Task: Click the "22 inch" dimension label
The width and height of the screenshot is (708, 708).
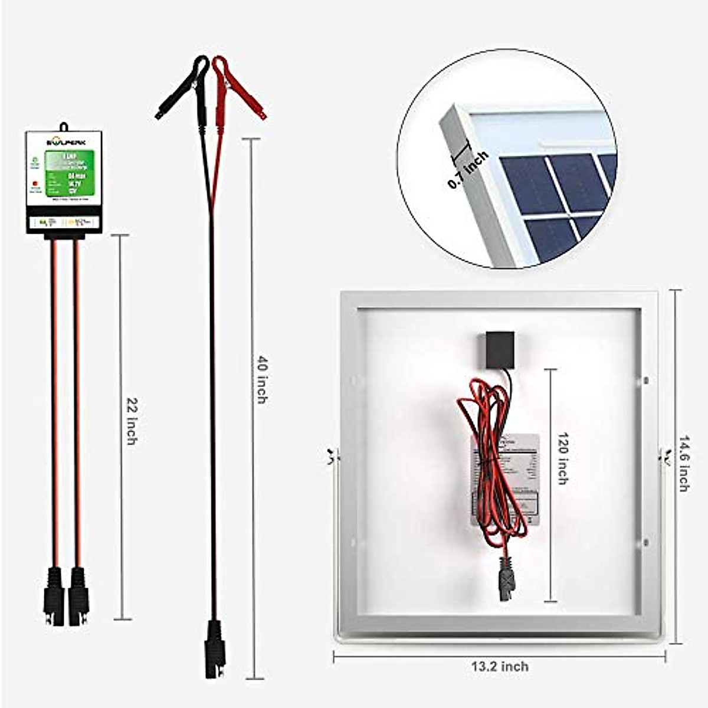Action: click(132, 422)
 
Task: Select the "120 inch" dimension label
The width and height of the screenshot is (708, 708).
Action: click(562, 458)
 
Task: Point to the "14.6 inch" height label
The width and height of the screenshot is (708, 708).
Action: click(684, 464)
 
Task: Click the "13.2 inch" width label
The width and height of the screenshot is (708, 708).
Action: click(500, 667)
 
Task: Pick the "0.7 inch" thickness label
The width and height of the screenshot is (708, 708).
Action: click(468, 170)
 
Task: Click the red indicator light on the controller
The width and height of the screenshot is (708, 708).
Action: click(35, 183)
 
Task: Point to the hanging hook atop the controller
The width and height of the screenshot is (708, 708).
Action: click(64, 126)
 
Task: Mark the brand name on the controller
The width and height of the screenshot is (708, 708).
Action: click(64, 142)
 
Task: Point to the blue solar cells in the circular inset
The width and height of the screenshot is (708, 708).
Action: click(555, 195)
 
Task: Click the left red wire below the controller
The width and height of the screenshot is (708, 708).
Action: click(54, 401)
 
